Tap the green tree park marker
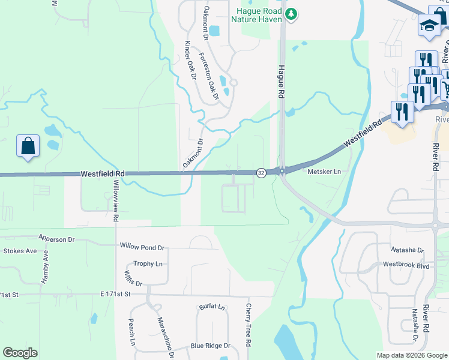291,13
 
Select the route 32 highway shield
261,173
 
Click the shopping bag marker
28,146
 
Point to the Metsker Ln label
324,172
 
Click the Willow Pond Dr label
142,247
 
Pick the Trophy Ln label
148,263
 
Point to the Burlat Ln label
212,307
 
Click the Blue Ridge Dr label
210,346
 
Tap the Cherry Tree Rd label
248,324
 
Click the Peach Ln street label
131,332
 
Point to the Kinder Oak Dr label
190,60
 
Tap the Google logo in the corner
20,353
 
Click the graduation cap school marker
429,26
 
